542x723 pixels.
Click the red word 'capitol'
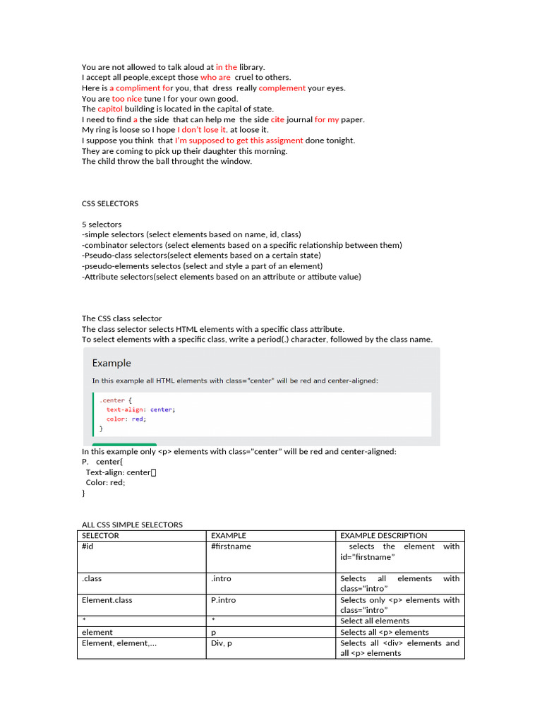click(110, 109)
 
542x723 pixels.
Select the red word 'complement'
click(282, 88)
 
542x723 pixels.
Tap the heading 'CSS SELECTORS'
click(110, 203)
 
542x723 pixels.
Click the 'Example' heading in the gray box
click(112, 363)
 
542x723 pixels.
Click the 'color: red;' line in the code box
click(126, 419)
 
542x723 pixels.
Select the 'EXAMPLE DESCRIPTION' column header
click(383, 535)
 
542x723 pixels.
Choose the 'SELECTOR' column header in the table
click(100, 535)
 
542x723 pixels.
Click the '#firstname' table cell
click(231, 546)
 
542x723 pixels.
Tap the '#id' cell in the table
click(88, 546)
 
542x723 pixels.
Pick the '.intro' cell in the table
click(221, 578)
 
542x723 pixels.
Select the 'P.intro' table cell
click(224, 600)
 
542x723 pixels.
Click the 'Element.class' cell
click(107, 600)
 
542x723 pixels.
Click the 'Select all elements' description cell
click(375, 621)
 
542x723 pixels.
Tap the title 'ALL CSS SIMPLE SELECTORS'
click(132, 525)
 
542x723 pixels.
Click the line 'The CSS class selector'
click(121, 318)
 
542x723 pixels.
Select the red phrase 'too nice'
click(127, 99)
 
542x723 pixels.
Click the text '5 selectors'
click(102, 225)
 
